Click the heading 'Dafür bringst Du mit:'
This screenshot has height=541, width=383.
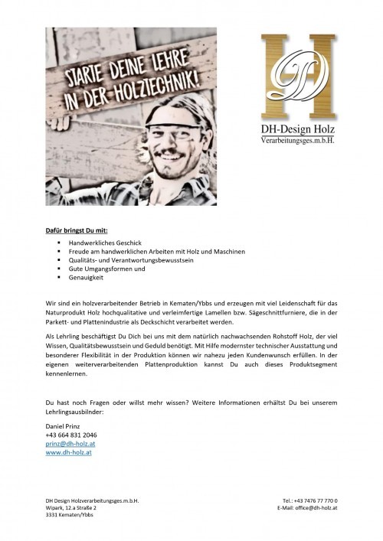[x=75, y=229]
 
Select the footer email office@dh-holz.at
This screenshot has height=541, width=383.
[x=310, y=507]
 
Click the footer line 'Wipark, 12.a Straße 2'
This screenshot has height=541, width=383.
[x=74, y=507]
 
